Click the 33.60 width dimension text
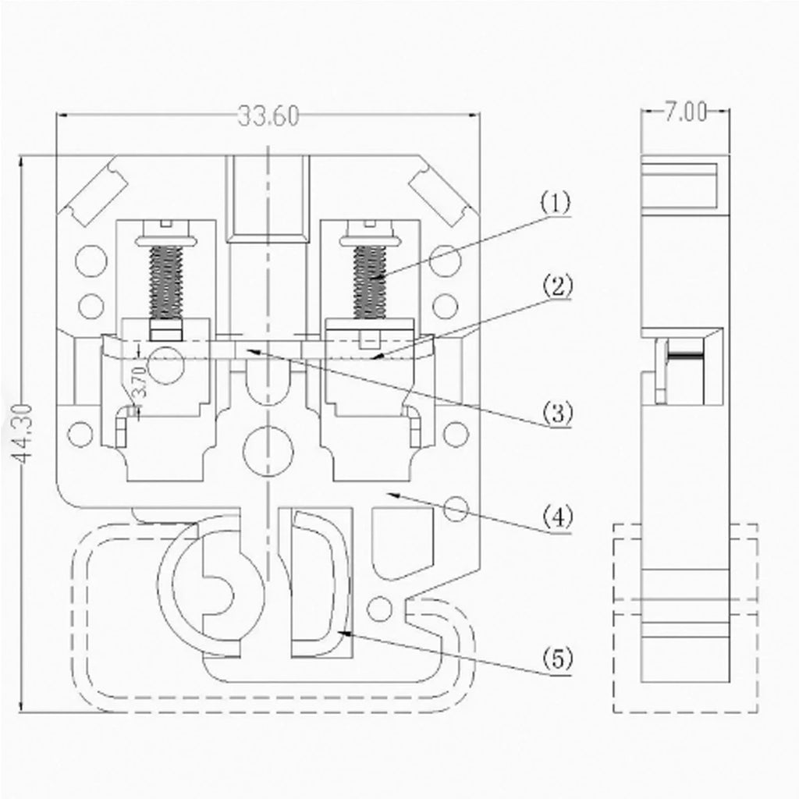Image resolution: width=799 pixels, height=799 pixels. click(x=268, y=116)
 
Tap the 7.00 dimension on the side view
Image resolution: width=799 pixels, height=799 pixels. click(x=685, y=112)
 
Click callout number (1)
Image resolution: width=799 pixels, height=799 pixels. click(x=556, y=203)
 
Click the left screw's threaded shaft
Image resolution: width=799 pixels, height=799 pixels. click(x=165, y=282)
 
